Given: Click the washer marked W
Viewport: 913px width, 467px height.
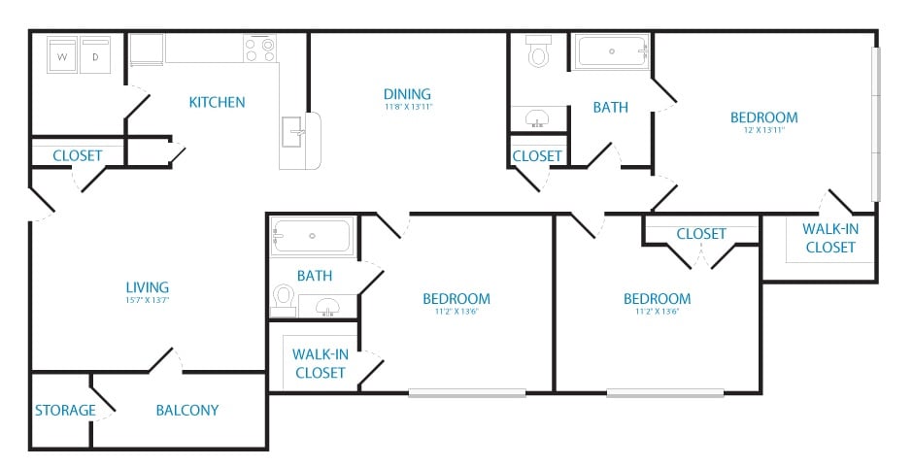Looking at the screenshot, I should tap(63, 56).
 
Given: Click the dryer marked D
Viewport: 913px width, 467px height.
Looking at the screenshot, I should tap(96, 56).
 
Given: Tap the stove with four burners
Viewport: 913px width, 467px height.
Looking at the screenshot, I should tap(260, 50).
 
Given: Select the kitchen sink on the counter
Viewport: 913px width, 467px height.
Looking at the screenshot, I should tap(292, 129).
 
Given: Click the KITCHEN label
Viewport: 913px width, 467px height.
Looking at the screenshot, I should tap(217, 102).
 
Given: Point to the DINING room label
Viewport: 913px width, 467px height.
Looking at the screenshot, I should tap(407, 94).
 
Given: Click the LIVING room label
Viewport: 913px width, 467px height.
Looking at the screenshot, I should tap(148, 286).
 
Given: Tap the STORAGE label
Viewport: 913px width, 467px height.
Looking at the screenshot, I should tap(65, 410).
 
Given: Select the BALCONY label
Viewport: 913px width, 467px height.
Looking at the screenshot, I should tap(187, 410).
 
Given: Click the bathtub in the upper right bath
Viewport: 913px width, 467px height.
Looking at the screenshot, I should tap(612, 51).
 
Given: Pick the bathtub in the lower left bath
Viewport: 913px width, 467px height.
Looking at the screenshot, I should tap(312, 236).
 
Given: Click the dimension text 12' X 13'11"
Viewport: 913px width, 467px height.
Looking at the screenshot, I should tap(763, 130).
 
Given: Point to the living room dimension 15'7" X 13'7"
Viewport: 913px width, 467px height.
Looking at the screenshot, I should tap(148, 300).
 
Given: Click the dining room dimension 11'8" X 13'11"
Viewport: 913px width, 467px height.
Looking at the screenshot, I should tap(407, 107).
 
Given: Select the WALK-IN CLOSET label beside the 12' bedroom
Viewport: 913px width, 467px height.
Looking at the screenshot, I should tap(828, 238).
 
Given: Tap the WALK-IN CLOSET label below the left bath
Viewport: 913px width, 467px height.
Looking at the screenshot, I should tap(320, 363).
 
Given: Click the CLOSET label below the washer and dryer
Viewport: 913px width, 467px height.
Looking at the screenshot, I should tap(78, 155).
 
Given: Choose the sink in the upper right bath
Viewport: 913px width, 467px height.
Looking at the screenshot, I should tap(536, 119).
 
